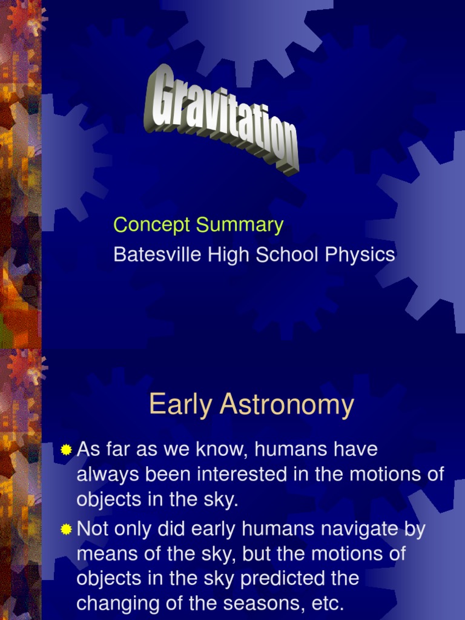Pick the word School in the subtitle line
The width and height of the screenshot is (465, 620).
pos(288,255)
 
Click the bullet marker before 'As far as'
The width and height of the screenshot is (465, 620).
pos(66,450)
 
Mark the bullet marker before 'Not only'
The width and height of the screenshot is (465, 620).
pos(66,530)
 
